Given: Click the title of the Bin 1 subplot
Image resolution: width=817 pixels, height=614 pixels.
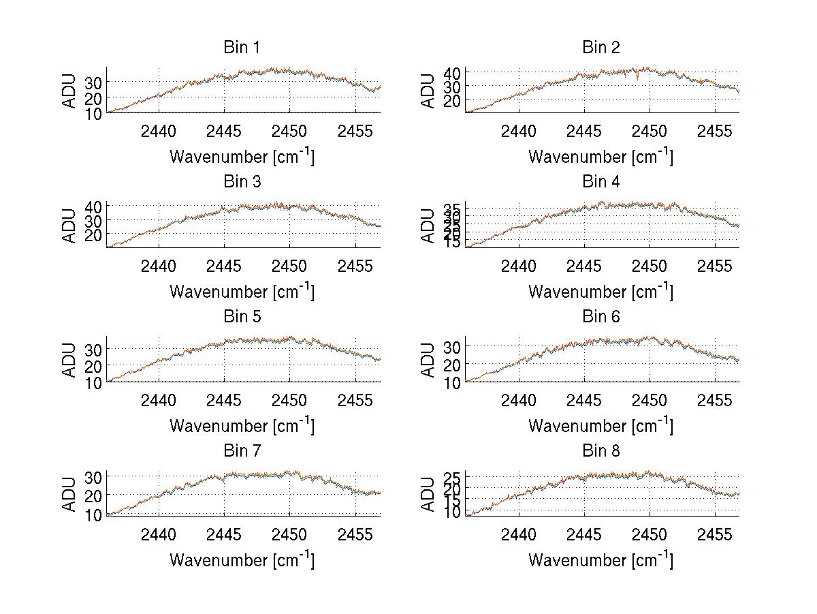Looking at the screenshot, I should click(x=242, y=47).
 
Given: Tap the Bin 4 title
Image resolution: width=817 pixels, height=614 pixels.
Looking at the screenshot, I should click(x=600, y=181).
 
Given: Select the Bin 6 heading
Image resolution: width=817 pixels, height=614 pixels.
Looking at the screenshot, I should click(x=600, y=316).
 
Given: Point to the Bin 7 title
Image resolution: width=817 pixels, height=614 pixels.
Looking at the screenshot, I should click(x=242, y=450).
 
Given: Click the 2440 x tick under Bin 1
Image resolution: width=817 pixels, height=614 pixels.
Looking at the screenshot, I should click(x=159, y=132).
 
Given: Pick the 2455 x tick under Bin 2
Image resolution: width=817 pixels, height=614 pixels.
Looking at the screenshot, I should click(x=714, y=132).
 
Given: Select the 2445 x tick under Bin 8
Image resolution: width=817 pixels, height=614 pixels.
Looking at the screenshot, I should click(x=583, y=535).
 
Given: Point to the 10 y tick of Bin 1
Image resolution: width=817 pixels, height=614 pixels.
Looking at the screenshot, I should click(x=94, y=114).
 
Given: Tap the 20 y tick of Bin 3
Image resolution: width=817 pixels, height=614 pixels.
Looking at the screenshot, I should click(x=94, y=234).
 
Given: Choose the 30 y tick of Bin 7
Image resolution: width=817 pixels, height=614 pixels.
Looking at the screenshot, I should click(x=94, y=476).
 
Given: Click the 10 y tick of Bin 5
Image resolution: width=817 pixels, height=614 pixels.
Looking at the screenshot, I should click(x=94, y=382).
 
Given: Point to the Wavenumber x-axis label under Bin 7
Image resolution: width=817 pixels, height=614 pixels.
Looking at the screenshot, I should click(x=242, y=560).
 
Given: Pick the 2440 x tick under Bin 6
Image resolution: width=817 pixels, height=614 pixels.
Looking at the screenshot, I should click(x=518, y=400).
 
